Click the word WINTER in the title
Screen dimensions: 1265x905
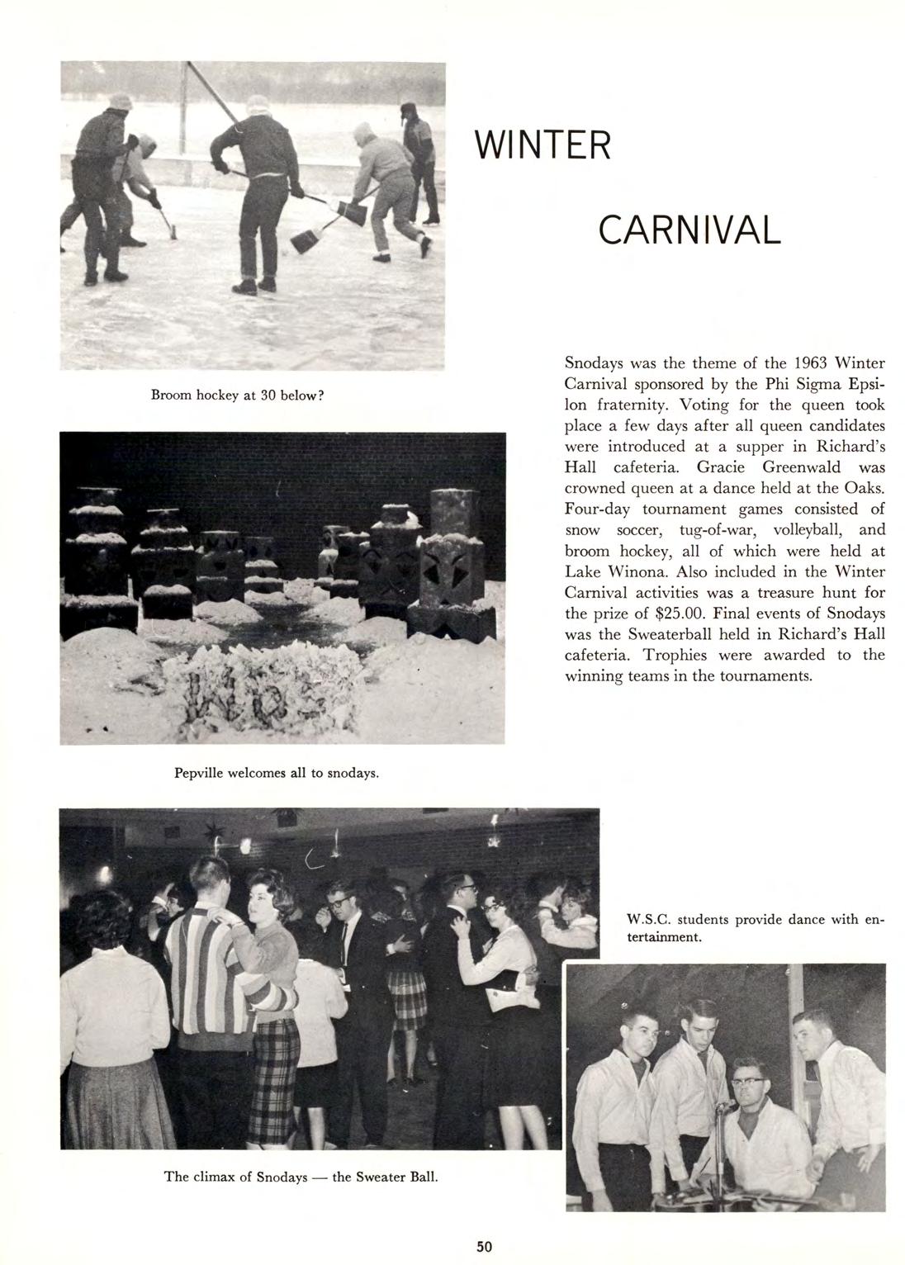point(543,146)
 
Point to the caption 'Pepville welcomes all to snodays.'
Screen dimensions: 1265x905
point(277,774)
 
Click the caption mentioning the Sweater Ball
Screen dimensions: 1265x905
point(301,1176)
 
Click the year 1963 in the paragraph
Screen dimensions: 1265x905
point(811,362)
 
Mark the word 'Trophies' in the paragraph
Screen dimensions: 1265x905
point(683,655)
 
